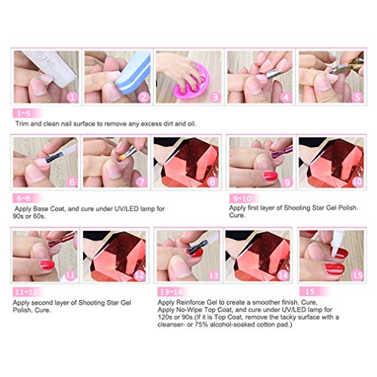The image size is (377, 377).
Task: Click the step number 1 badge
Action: pos(72,97)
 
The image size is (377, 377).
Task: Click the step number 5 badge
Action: pos(357,97)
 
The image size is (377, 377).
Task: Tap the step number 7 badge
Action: pos(142,182)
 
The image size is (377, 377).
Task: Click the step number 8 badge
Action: pos(213,182)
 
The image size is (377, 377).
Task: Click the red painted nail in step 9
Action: pos(270,176)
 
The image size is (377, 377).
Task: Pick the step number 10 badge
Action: pos(357,182)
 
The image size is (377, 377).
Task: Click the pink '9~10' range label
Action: pos(244,198)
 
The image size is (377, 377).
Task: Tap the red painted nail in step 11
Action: pos(47,265)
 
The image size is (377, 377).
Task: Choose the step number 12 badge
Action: pos(139,276)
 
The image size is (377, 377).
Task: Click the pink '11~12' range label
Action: pos(27,293)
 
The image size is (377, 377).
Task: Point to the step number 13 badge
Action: pos(213,276)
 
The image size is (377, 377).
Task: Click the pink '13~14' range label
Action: pos(172,293)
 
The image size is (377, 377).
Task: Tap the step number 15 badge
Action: pos(357,276)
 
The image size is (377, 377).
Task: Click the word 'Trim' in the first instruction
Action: pos(22,124)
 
